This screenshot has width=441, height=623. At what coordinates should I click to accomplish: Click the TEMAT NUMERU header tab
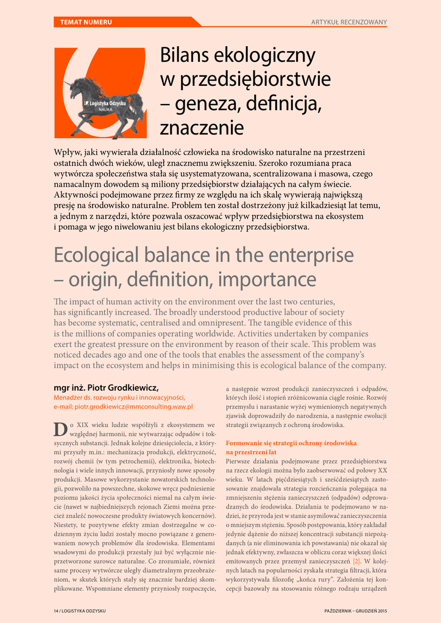pyautogui.click(x=86, y=23)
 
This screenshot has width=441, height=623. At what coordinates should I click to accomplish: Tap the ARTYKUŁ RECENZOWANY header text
pyautogui.click(x=349, y=23)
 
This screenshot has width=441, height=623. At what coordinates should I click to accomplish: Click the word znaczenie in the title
pyautogui.click(x=202, y=128)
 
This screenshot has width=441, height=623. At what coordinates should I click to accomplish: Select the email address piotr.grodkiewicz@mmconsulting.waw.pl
pyautogui.click(x=123, y=406)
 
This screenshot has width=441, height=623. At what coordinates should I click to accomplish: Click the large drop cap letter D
pyautogui.click(x=60, y=429)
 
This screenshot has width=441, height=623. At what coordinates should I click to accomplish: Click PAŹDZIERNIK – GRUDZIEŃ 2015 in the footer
pyautogui.click(x=355, y=610)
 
